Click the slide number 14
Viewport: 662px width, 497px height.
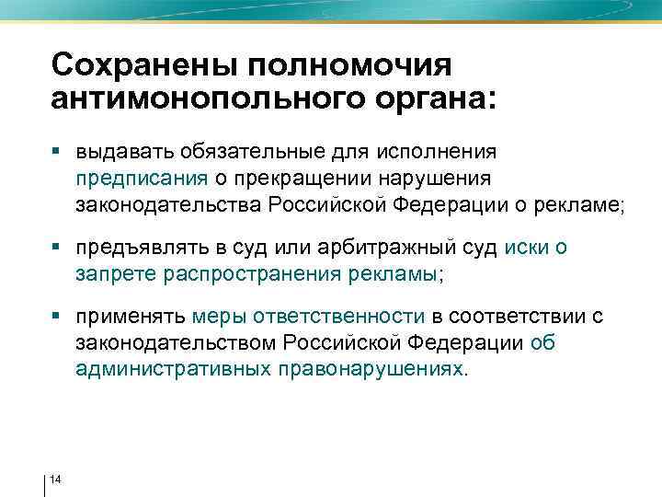[56, 480]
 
